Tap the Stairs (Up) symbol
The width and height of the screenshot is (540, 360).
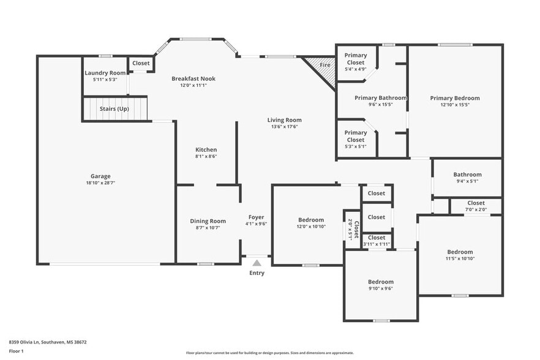click(x=114, y=108)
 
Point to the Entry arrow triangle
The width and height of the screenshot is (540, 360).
click(x=257, y=263)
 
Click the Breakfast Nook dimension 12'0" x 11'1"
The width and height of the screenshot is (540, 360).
click(x=193, y=86)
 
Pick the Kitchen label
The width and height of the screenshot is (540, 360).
click(x=206, y=149)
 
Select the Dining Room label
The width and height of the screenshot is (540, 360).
click(x=207, y=221)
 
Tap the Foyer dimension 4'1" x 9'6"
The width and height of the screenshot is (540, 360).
click(x=256, y=224)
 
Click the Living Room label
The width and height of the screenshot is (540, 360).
click(x=284, y=120)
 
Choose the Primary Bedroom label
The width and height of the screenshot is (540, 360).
click(x=454, y=98)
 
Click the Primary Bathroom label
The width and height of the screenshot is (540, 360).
click(x=380, y=97)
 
